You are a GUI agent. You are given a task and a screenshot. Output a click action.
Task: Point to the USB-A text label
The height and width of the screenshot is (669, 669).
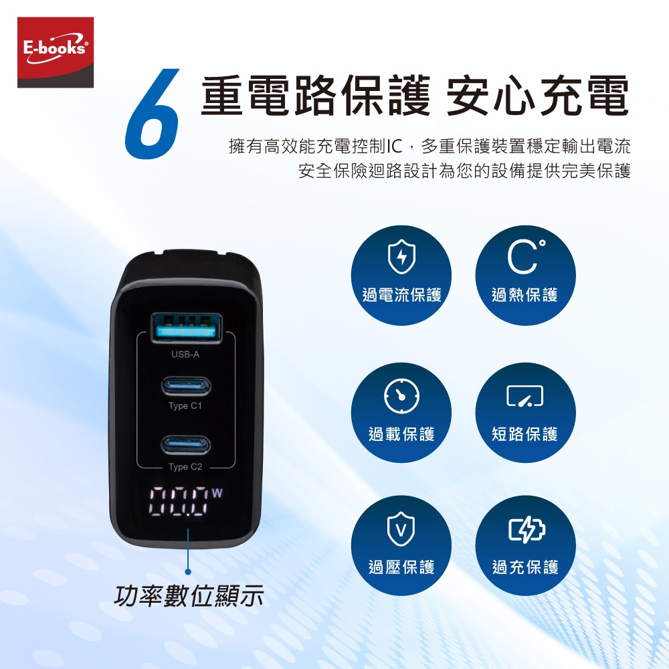pos(185,354)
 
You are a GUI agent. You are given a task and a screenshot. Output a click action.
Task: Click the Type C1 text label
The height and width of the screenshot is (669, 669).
pos(185,406)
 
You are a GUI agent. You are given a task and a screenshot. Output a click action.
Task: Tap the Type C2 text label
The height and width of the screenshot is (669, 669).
pos(185,467)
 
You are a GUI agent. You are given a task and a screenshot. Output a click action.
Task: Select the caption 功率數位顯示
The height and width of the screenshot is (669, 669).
pos(189,595)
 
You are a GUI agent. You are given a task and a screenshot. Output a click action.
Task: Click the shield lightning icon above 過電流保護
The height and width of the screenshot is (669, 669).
pos(402,258)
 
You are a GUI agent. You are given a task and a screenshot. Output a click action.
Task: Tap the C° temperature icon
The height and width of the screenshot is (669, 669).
pos(525,258)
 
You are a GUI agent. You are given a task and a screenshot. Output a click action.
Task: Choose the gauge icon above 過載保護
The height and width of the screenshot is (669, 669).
pos(402,397)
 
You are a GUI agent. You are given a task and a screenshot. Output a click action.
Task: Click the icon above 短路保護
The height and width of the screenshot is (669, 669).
pos(525,397)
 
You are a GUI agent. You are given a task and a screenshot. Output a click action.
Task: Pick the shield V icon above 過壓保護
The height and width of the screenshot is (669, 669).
pos(402,531)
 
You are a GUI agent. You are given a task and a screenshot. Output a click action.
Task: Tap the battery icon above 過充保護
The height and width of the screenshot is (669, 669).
pos(525,531)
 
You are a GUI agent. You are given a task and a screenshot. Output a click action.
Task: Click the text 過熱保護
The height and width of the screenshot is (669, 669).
pos(525,295)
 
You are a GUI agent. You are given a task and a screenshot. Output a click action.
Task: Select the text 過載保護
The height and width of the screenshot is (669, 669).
pos(402,434)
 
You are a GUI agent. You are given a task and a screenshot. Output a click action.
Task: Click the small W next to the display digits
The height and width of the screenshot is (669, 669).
pos(217,494)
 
